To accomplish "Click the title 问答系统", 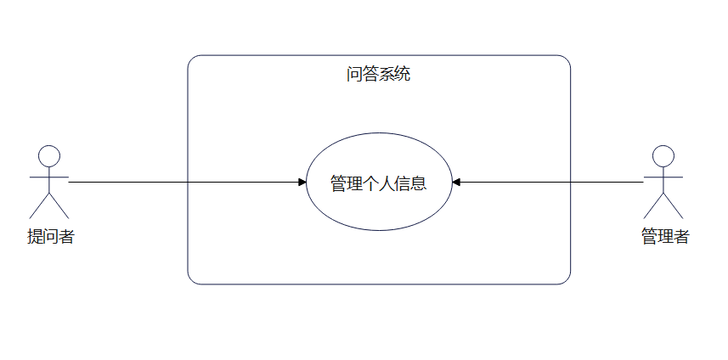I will point(378,74).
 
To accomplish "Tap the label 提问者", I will point(51,237).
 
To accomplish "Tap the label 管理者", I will point(664,237).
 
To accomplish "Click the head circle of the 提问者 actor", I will point(49,156).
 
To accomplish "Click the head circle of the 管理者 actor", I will point(663,156).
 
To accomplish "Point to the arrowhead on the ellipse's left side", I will point(302,183).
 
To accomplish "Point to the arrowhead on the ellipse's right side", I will point(456,183).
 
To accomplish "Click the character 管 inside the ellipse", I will point(338,183).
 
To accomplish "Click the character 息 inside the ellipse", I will point(417,183).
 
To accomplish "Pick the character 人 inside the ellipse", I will point(378,183).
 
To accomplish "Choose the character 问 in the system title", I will point(354,74).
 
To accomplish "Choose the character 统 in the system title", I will point(403,74).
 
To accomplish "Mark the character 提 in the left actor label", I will point(35,237).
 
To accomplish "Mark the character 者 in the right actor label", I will point(680,237).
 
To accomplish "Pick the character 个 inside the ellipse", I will point(358,183).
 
